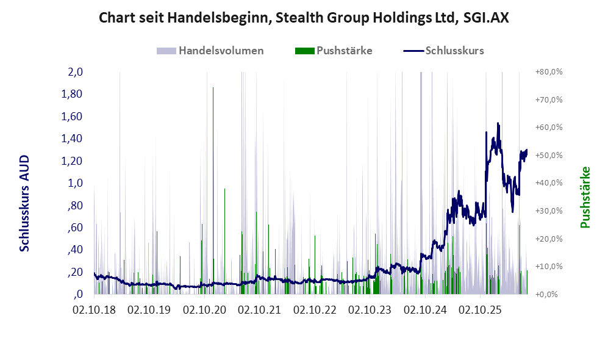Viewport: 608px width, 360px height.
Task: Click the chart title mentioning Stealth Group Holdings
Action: pos(304,18)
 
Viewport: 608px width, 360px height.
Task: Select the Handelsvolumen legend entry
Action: pos(210,51)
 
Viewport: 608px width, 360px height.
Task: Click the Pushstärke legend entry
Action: pos(334,51)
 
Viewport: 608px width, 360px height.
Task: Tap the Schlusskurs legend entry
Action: pos(443,51)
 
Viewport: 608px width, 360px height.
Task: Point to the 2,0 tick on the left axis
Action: pos(75,72)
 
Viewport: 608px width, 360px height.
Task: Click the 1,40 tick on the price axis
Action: pos(72,139)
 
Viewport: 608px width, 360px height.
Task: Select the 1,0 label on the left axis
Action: pos(75,182)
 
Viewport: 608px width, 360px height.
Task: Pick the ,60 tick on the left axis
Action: pos(75,228)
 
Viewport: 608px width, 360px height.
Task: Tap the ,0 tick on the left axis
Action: pos(77,294)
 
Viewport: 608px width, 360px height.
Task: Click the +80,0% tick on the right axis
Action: pos(549,72)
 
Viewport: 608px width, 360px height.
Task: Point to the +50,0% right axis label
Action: pos(549,155)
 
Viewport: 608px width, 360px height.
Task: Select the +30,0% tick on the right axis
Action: pos(549,211)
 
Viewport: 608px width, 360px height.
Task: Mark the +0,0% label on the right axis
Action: pos(546,294)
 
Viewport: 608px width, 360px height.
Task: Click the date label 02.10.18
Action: pos(94,311)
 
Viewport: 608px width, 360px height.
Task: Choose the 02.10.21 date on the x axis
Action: pos(259,311)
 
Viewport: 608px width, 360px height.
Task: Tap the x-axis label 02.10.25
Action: pos(480,311)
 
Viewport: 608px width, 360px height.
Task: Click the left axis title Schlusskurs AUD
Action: pos(24,203)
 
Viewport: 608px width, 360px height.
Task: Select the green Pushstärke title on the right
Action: pos(585,198)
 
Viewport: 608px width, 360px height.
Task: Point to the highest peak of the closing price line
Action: pos(498,123)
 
